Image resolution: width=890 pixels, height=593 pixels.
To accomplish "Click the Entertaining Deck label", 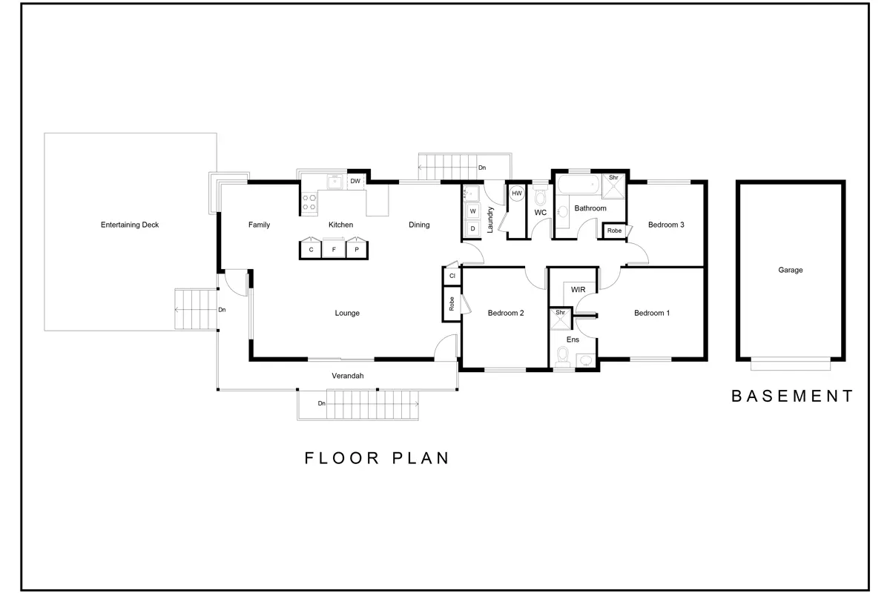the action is point(130,225).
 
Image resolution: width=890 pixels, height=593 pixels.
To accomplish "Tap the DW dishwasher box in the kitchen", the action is point(355,181).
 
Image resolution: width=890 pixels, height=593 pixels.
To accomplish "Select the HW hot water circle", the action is point(516,193).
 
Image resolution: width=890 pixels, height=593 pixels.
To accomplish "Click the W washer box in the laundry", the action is point(473,211).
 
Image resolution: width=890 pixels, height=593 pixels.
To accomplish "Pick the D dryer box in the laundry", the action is point(473,228).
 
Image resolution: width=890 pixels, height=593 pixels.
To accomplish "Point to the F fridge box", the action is point(334,249).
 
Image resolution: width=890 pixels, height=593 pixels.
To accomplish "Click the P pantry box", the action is point(357,249).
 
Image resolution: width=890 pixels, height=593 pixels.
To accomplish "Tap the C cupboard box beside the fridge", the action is point(311,249).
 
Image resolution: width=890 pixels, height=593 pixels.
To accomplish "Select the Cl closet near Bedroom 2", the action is point(452,276).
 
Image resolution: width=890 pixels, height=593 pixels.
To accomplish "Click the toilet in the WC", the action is point(541,196).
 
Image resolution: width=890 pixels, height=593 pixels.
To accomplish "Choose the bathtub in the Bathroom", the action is point(578,185).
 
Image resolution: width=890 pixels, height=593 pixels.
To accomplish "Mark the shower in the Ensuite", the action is point(560,319).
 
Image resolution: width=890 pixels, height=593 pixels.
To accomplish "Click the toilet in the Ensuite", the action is point(562,357).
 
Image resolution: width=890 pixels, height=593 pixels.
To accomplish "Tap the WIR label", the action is point(578,290).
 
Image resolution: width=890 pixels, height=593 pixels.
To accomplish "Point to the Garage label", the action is point(791,270).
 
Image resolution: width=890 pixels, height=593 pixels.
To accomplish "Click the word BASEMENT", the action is point(792,396).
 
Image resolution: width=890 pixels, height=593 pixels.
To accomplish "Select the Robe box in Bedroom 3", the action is point(614,231).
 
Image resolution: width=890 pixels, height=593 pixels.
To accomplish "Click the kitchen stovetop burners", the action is point(309,202).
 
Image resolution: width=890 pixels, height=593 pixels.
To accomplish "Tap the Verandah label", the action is point(348,376).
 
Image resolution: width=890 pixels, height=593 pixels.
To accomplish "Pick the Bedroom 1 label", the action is point(652,313).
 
